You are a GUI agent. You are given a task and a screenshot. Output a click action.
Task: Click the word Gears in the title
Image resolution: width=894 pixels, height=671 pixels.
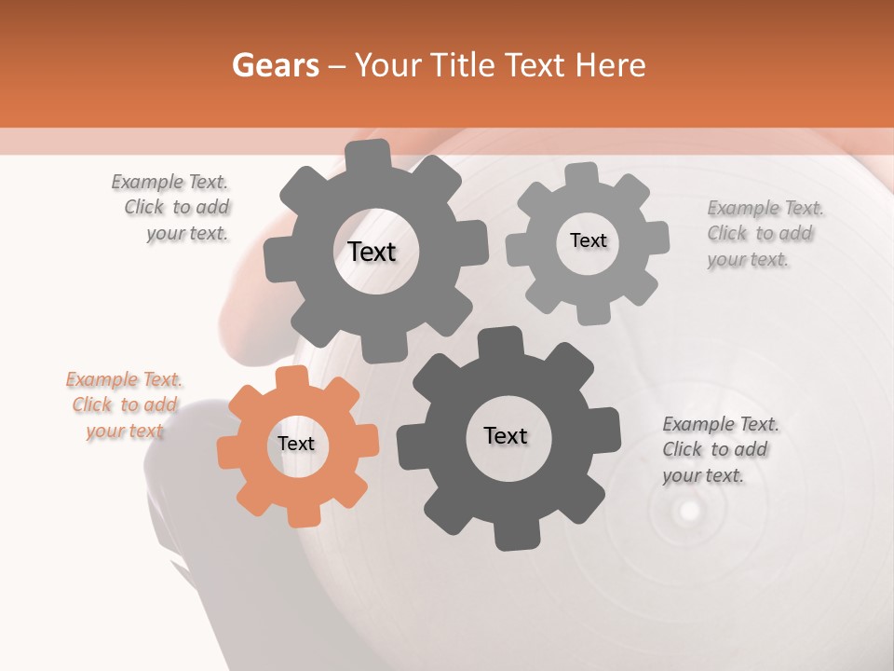(275, 65)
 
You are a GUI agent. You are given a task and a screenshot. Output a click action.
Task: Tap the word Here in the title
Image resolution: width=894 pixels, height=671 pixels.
(611, 65)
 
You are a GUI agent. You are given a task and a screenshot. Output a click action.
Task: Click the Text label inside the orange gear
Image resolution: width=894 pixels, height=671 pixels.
(296, 445)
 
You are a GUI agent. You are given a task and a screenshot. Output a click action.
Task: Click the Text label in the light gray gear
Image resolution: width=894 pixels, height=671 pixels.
(588, 240)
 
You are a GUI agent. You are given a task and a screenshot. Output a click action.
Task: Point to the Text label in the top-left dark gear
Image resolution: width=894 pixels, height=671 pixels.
(372, 252)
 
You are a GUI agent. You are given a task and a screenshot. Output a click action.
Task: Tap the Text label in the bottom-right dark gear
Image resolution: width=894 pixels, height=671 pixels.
(506, 435)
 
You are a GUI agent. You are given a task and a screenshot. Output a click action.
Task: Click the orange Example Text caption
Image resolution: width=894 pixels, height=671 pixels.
(124, 405)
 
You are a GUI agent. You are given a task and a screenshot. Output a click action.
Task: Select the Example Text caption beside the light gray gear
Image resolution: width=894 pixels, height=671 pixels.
(764, 233)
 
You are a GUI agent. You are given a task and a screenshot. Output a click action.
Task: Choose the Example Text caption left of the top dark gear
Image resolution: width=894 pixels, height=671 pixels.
(172, 207)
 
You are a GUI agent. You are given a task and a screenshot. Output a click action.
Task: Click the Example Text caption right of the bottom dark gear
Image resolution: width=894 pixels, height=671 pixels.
(719, 449)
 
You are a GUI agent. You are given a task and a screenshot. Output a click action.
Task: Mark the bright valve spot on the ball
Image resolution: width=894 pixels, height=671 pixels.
(688, 510)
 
